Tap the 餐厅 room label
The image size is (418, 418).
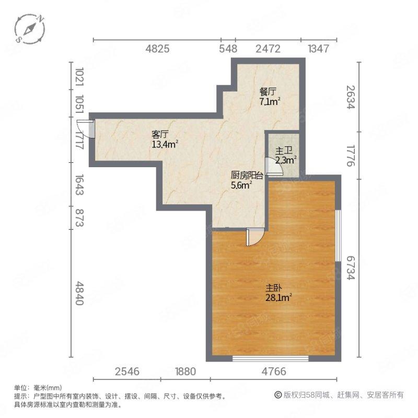tap(268, 91)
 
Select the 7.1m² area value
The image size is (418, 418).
tap(270, 101)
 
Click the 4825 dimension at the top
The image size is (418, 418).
tap(157, 49)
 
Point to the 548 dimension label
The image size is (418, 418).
tap(228, 49)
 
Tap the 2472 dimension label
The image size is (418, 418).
tap(268, 49)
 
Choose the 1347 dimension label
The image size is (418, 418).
tap(318, 49)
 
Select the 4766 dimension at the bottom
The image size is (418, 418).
tap(274, 372)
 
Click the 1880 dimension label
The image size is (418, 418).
tap(185, 372)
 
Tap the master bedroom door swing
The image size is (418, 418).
tap(254, 237)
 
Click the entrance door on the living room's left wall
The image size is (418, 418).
tap(85, 129)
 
